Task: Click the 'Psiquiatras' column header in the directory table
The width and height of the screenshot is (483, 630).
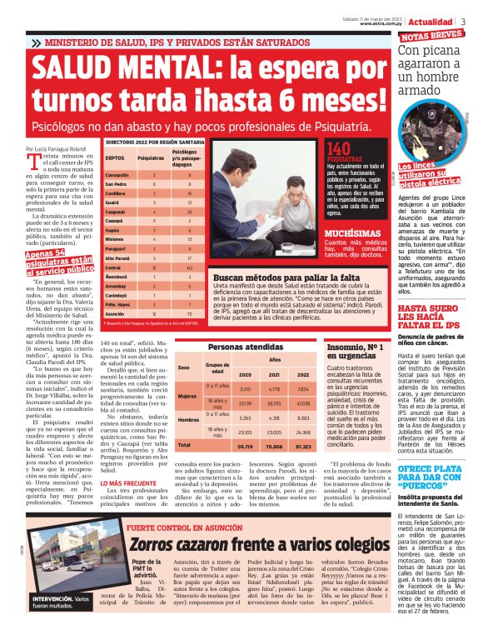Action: pos(152,157)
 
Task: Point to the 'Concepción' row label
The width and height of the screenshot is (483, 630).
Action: pos(118,175)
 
